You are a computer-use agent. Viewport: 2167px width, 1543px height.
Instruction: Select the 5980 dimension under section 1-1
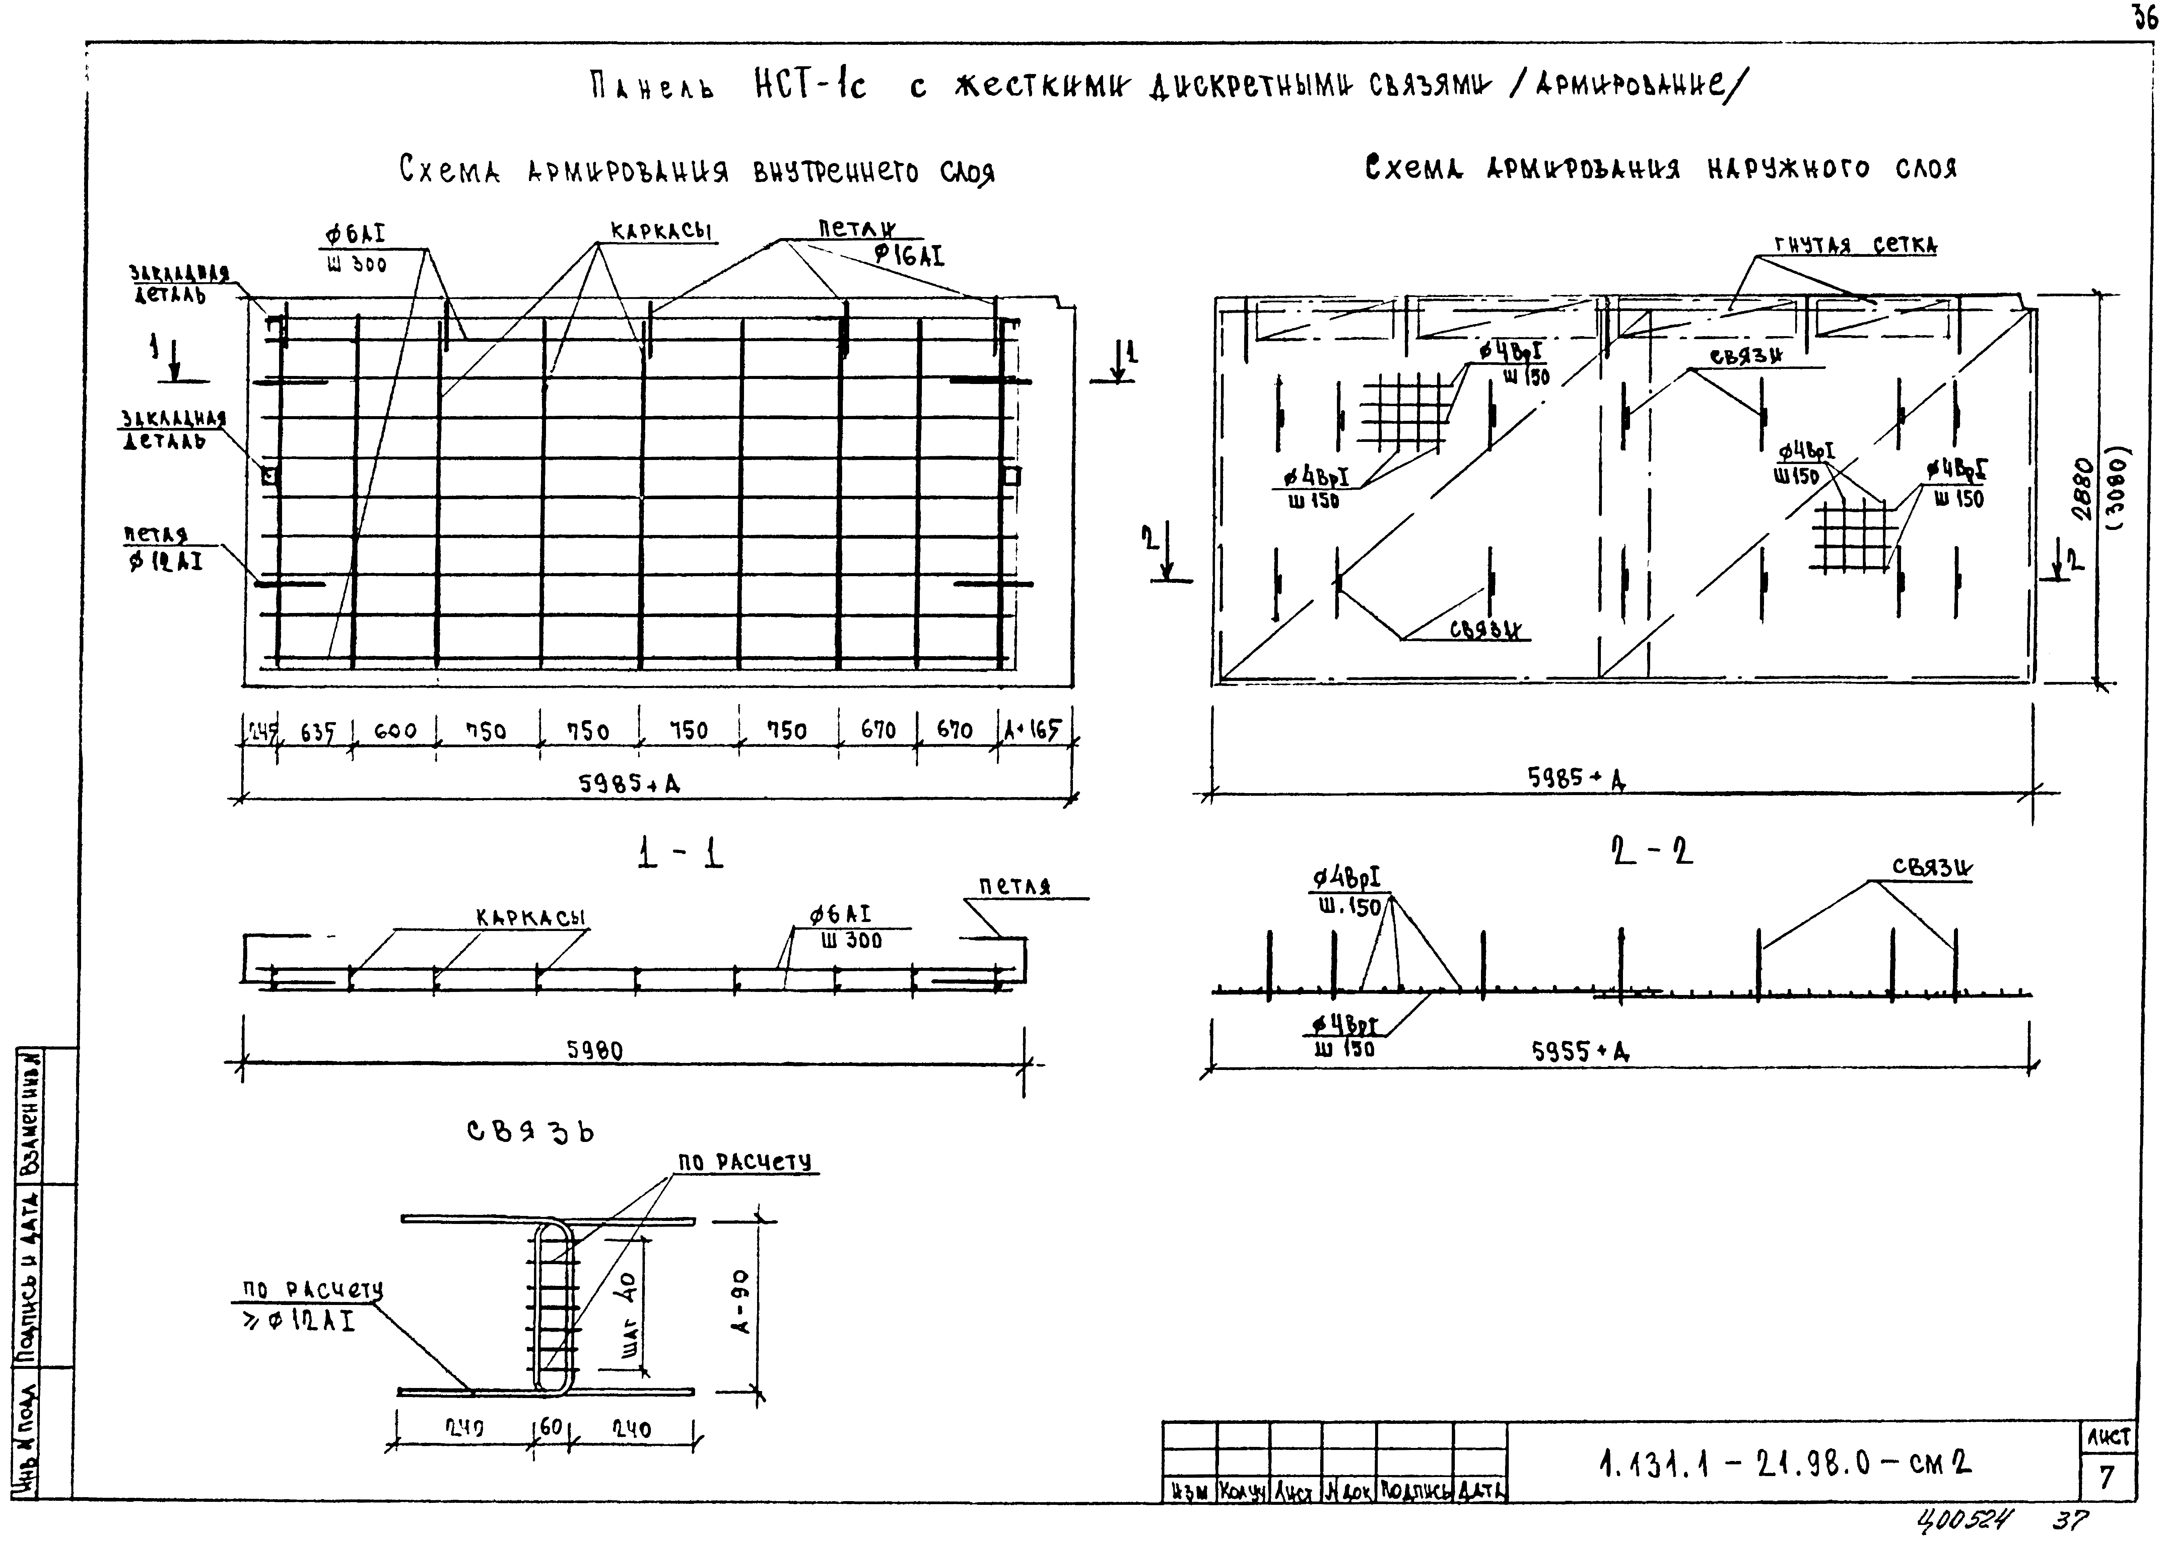[x=595, y=1050]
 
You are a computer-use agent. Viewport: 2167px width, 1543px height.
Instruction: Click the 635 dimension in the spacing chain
[x=318, y=732]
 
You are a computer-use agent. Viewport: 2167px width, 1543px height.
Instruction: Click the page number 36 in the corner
[x=2144, y=17]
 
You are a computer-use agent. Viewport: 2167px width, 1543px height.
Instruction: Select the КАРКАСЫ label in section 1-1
[x=529, y=918]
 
